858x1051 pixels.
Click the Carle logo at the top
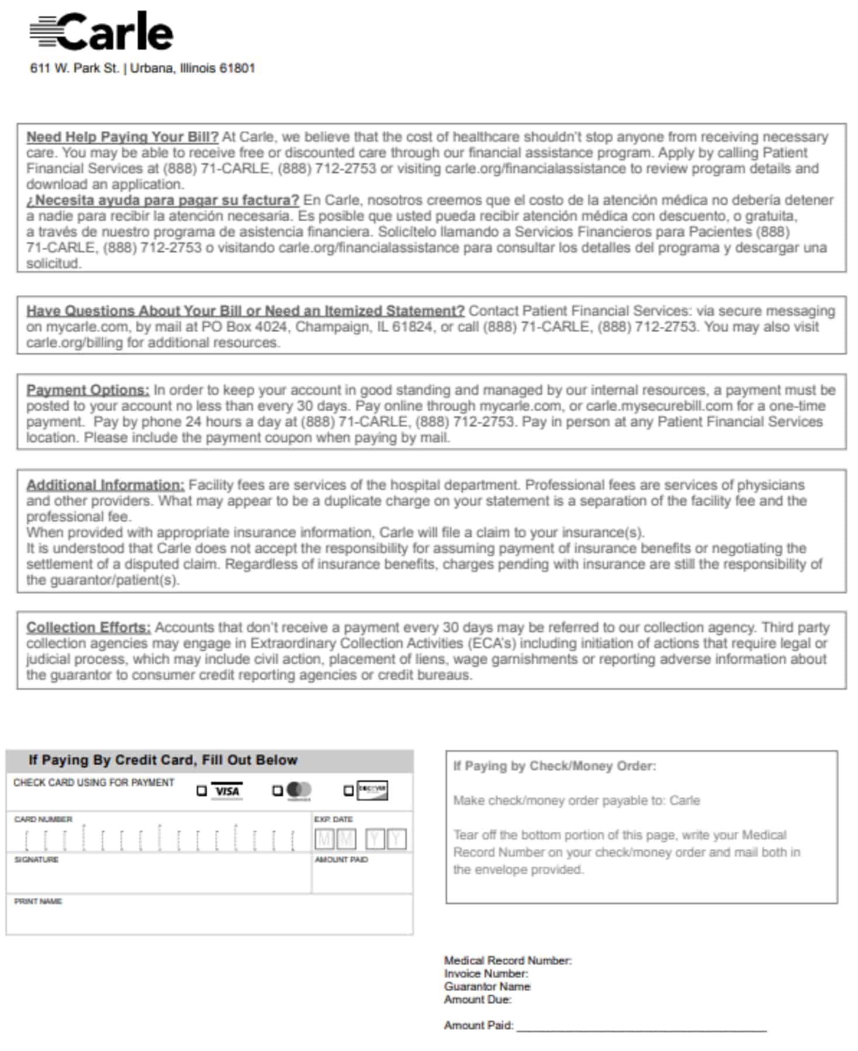pyautogui.click(x=102, y=32)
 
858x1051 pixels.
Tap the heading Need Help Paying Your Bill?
pyautogui.click(x=122, y=137)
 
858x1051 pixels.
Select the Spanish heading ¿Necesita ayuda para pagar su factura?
pyautogui.click(x=162, y=200)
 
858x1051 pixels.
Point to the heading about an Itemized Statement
pyautogui.click(x=245, y=310)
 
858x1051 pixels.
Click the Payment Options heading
pyautogui.click(x=88, y=390)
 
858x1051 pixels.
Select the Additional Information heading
pyautogui.click(x=105, y=485)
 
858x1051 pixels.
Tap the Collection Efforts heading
pyautogui.click(x=88, y=627)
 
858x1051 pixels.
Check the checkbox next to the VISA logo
pyautogui.click(x=202, y=791)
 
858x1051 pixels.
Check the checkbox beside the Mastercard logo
pyautogui.click(x=278, y=791)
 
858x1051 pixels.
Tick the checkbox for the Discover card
pyautogui.click(x=348, y=791)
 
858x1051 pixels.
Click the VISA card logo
pyautogui.click(x=227, y=791)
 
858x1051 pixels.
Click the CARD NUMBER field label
pyautogui.click(x=43, y=820)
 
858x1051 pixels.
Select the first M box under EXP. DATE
pyautogui.click(x=324, y=840)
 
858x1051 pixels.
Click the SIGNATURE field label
pyautogui.click(x=36, y=860)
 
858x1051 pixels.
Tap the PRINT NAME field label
pyautogui.click(x=38, y=901)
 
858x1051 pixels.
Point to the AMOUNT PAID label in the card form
pyautogui.click(x=341, y=860)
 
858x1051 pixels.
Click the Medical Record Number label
pyautogui.click(x=507, y=960)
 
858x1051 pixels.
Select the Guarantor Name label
pyautogui.click(x=487, y=986)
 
